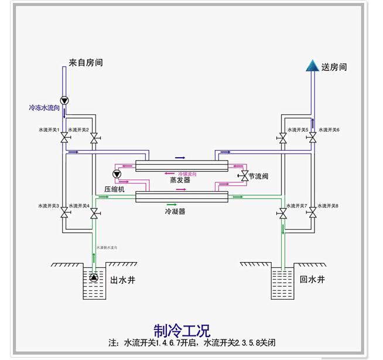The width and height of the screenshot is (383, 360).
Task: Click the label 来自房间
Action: (x=86, y=62)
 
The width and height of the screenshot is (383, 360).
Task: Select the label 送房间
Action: (x=334, y=67)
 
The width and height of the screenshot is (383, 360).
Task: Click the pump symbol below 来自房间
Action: (x=64, y=100)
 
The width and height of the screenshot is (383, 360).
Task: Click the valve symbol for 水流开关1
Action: (x=64, y=138)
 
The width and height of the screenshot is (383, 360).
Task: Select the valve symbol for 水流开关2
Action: (x=94, y=138)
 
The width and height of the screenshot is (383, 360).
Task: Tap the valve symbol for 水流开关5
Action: (x=283, y=138)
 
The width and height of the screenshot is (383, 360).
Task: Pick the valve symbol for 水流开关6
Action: (x=313, y=138)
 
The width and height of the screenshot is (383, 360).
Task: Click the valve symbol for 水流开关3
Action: (x=64, y=215)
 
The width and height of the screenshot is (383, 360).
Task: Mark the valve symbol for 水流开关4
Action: (x=94, y=215)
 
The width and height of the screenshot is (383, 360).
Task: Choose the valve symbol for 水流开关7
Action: (x=283, y=215)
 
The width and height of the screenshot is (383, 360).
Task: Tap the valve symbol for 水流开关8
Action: (x=313, y=215)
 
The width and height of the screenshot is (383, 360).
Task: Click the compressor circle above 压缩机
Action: (x=116, y=174)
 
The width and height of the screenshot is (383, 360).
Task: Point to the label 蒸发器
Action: (x=180, y=180)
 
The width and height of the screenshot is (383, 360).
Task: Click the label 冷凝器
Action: (x=175, y=211)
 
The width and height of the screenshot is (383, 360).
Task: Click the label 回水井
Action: (x=312, y=280)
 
